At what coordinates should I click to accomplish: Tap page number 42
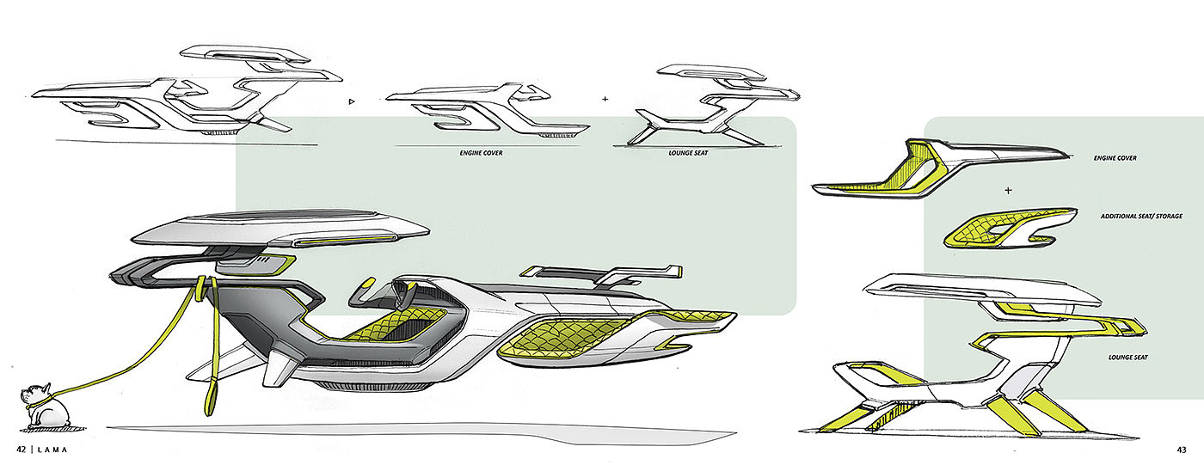click(x=21, y=450)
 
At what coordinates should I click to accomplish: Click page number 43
click(x=1182, y=450)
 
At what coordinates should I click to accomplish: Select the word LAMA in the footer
click(x=53, y=450)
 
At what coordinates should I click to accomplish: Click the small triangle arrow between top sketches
click(x=352, y=101)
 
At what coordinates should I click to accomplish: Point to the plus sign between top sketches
click(x=605, y=99)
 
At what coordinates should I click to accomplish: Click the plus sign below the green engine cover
click(x=1008, y=190)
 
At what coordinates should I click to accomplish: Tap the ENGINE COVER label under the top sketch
click(x=481, y=153)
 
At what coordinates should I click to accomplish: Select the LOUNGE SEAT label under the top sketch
click(x=688, y=153)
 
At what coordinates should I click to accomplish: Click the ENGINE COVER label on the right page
click(x=1115, y=158)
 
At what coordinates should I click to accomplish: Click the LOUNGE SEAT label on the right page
click(x=1128, y=358)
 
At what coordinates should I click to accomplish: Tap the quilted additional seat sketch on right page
click(x=1010, y=229)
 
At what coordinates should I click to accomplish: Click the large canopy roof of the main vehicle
click(x=280, y=229)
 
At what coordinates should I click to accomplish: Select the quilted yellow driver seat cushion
click(x=395, y=324)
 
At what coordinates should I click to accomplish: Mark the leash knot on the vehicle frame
click(x=205, y=285)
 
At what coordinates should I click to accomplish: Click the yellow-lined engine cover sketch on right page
click(x=941, y=168)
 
